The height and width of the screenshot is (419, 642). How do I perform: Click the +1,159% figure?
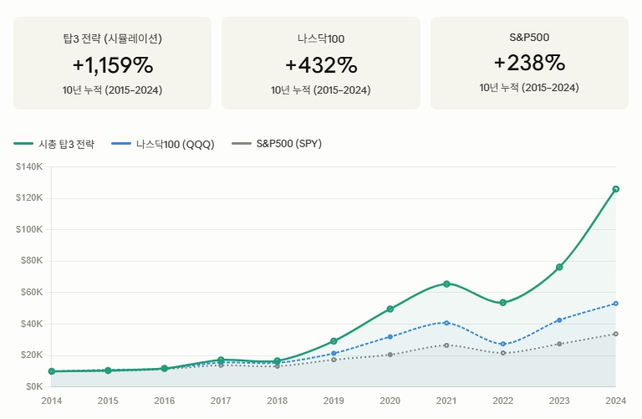tap(113, 65)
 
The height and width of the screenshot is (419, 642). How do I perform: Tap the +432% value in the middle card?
tap(321, 65)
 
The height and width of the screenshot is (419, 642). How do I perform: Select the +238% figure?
tap(529, 63)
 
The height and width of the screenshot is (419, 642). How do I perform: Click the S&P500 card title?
tap(529, 38)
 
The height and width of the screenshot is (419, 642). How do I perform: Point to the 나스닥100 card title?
tap(321, 39)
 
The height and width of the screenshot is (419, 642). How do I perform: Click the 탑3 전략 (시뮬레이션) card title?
tap(113, 38)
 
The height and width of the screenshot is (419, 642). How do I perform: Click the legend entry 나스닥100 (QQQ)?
tap(163, 144)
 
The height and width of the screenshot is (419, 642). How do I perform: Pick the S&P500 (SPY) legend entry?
tap(277, 144)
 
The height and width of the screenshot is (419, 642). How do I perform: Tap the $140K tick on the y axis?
tap(29, 166)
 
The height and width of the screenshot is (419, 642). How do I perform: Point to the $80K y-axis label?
tap(32, 260)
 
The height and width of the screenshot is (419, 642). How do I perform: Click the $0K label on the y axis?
tap(34, 386)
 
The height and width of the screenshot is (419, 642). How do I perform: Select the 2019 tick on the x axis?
tap(334, 401)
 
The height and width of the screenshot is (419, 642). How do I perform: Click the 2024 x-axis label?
tap(616, 401)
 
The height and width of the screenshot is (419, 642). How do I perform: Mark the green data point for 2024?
tap(616, 189)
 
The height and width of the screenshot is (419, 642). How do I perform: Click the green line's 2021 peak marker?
tap(446, 284)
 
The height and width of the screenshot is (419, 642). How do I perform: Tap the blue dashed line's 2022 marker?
tap(503, 344)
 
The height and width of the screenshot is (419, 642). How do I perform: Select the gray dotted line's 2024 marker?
tap(616, 335)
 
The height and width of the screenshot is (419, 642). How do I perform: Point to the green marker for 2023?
tap(560, 267)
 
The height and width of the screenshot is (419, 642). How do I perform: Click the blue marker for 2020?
tap(390, 337)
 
